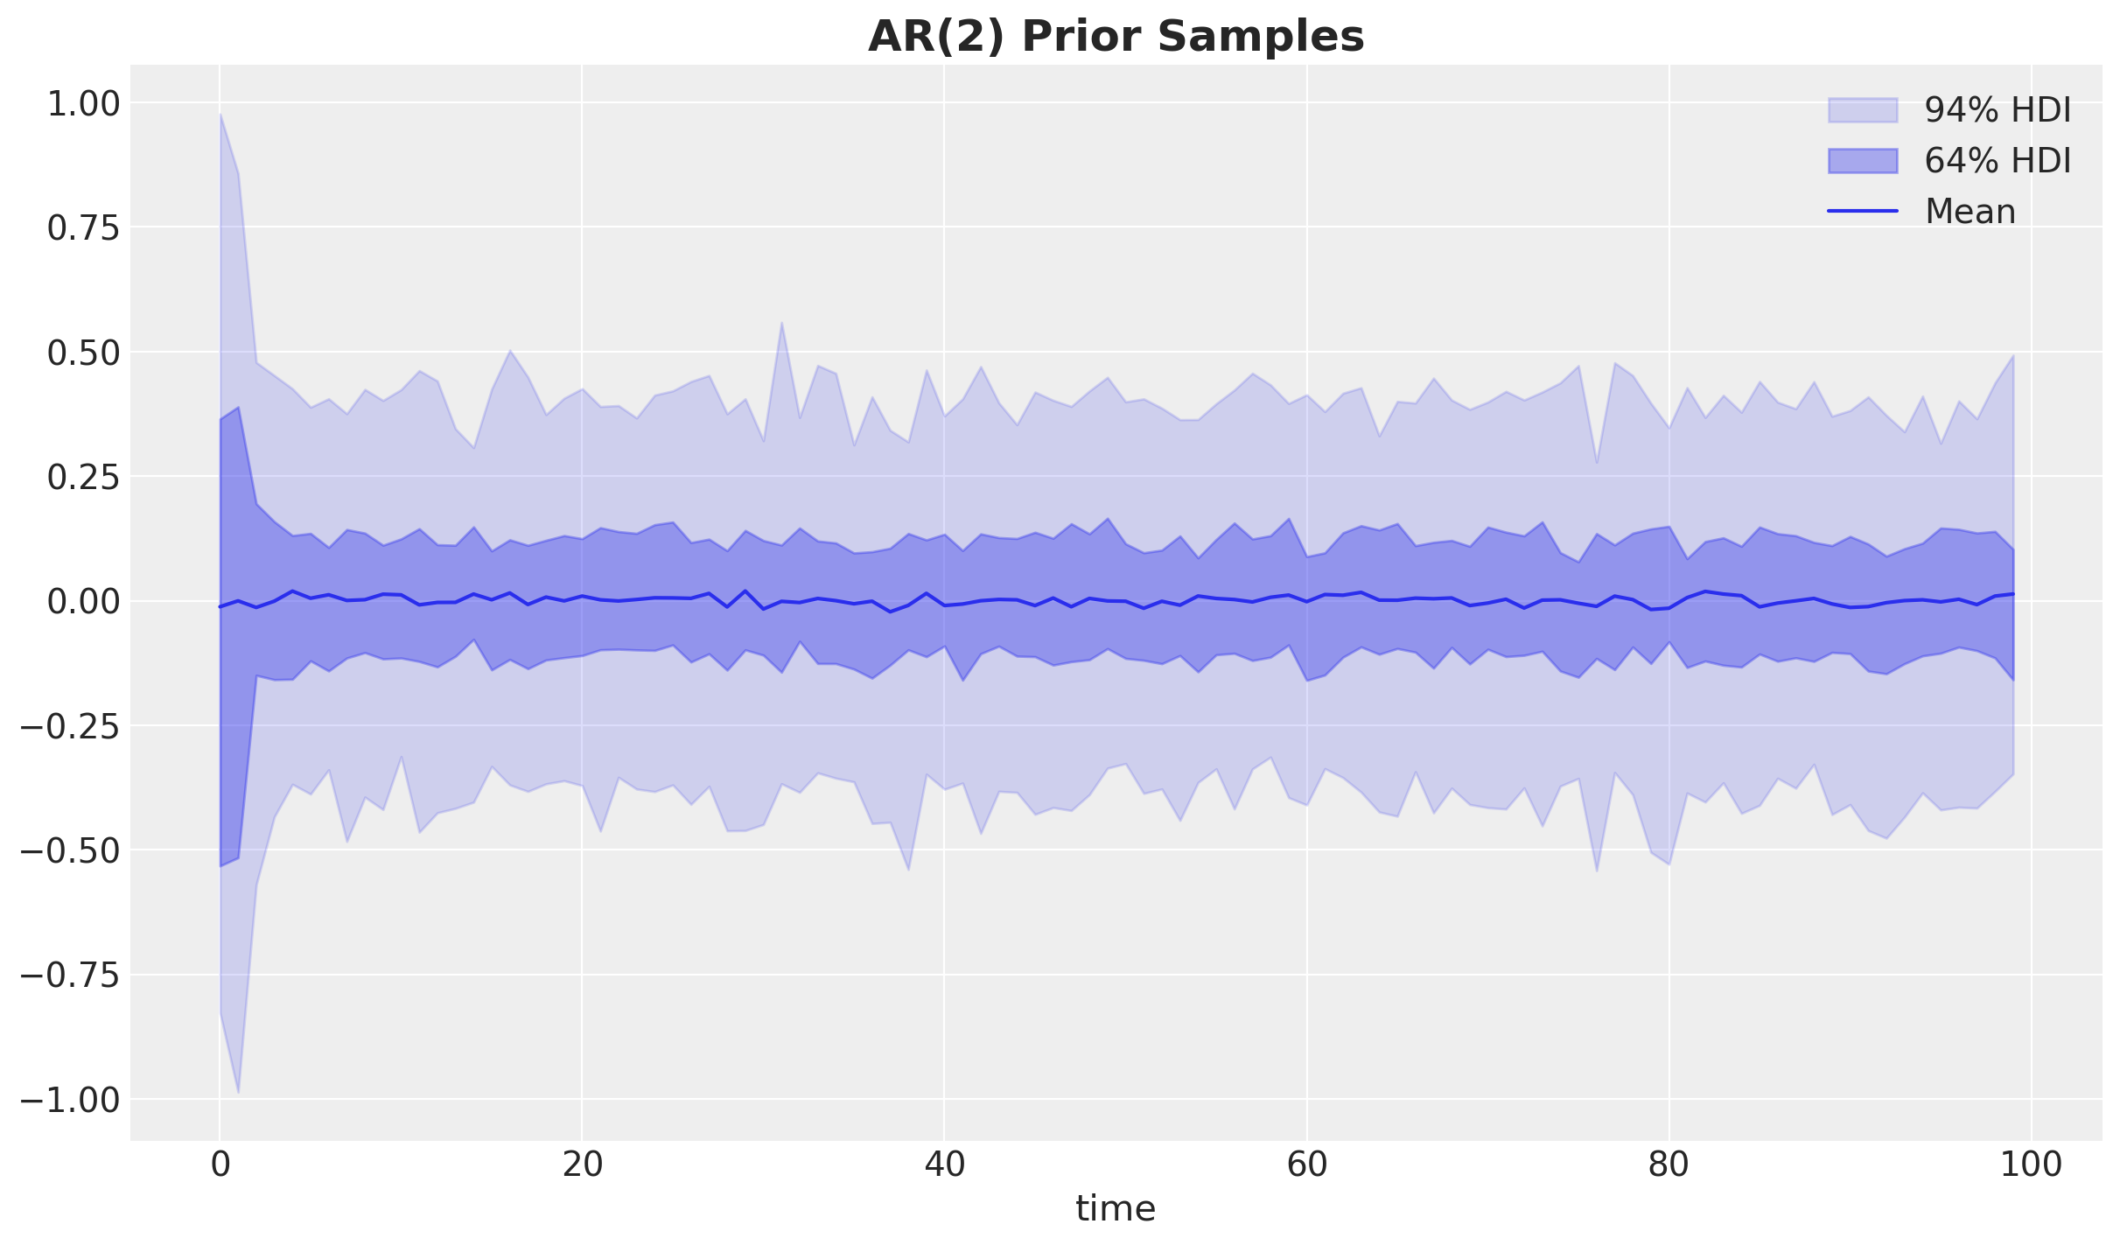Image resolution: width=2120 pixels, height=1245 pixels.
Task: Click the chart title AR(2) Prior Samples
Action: (x=1116, y=37)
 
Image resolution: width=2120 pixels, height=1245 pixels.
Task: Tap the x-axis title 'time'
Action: (x=1116, y=1209)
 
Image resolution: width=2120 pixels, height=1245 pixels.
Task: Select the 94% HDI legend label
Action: (x=1998, y=110)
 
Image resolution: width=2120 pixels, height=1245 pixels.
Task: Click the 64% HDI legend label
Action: (x=1998, y=161)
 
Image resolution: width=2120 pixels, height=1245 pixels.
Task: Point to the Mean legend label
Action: (x=1970, y=212)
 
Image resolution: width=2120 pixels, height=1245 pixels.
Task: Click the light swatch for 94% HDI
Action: (x=1863, y=110)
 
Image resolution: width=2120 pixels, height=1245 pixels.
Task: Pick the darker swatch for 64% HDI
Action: (x=1863, y=161)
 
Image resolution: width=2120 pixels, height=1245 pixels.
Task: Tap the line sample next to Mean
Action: (x=1863, y=212)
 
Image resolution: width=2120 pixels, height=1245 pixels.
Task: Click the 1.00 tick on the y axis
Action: (x=82, y=103)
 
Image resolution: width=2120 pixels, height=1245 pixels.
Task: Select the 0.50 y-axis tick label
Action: (x=82, y=353)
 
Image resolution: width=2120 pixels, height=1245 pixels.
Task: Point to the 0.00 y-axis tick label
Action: (x=82, y=602)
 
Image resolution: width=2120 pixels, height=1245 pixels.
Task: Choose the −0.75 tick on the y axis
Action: (x=69, y=975)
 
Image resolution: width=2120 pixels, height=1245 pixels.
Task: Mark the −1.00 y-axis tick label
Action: (x=69, y=1100)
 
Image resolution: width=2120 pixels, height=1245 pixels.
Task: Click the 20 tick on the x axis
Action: (x=582, y=1165)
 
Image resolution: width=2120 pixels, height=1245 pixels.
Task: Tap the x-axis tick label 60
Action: (x=1306, y=1165)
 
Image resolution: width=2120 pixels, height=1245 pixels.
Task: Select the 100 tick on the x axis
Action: (x=2031, y=1165)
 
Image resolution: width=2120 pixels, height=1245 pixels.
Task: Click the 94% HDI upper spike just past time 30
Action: (x=781, y=324)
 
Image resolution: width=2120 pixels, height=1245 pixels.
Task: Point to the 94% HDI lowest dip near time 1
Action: (x=238, y=1092)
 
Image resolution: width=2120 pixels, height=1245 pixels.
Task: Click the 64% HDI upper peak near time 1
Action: (x=238, y=408)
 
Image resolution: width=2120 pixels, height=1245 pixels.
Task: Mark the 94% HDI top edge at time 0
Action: (x=220, y=115)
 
